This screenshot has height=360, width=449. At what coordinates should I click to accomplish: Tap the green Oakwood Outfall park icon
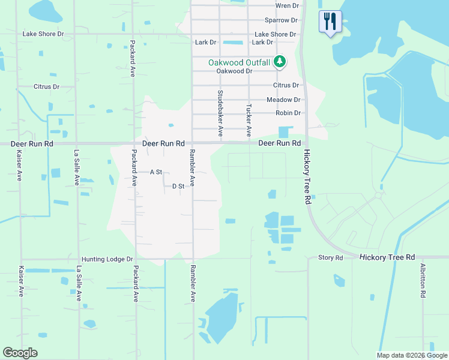tap(279, 61)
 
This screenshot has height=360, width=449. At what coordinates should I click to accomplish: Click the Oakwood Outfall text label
tap(240, 62)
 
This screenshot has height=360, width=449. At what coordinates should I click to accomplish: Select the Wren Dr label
tap(287, 5)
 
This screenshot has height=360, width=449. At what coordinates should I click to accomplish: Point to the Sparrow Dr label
tap(282, 20)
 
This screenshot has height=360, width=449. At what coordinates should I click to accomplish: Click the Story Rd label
tap(330, 257)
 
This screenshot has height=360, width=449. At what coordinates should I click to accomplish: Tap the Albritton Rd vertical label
tap(423, 281)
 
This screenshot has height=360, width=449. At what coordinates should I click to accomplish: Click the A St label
tap(156, 172)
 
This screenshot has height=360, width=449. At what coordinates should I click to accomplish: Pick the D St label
tap(178, 187)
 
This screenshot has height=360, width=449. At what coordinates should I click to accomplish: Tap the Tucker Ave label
tap(249, 119)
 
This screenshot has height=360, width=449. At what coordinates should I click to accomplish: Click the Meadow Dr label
tap(283, 100)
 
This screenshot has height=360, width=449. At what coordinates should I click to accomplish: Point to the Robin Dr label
tap(288, 113)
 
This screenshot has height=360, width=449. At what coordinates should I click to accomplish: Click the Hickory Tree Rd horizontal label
tap(387, 257)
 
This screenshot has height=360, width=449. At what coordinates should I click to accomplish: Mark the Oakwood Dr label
tap(231, 71)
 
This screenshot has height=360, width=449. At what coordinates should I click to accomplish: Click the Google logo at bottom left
tap(20, 353)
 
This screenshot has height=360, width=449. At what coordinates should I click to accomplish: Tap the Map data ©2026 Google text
tap(412, 355)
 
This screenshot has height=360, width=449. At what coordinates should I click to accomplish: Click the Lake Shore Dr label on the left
tap(43, 34)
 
